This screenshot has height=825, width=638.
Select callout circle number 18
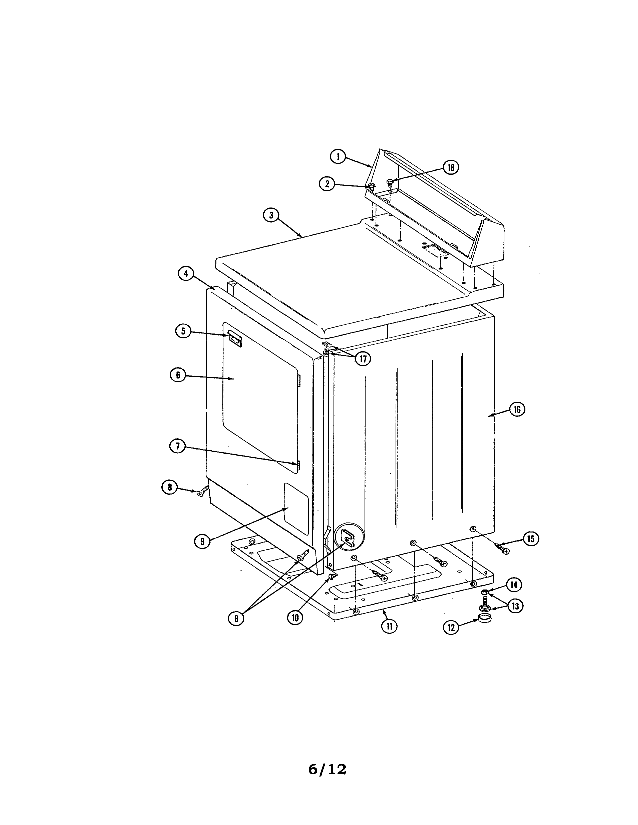451,167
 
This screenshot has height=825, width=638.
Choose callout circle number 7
178,446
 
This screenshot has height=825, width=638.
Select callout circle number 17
363,358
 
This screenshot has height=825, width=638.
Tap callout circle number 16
517,409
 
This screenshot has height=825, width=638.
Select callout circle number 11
389,626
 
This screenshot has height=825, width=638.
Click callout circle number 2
327,184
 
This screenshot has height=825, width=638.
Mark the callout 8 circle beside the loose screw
170,487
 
